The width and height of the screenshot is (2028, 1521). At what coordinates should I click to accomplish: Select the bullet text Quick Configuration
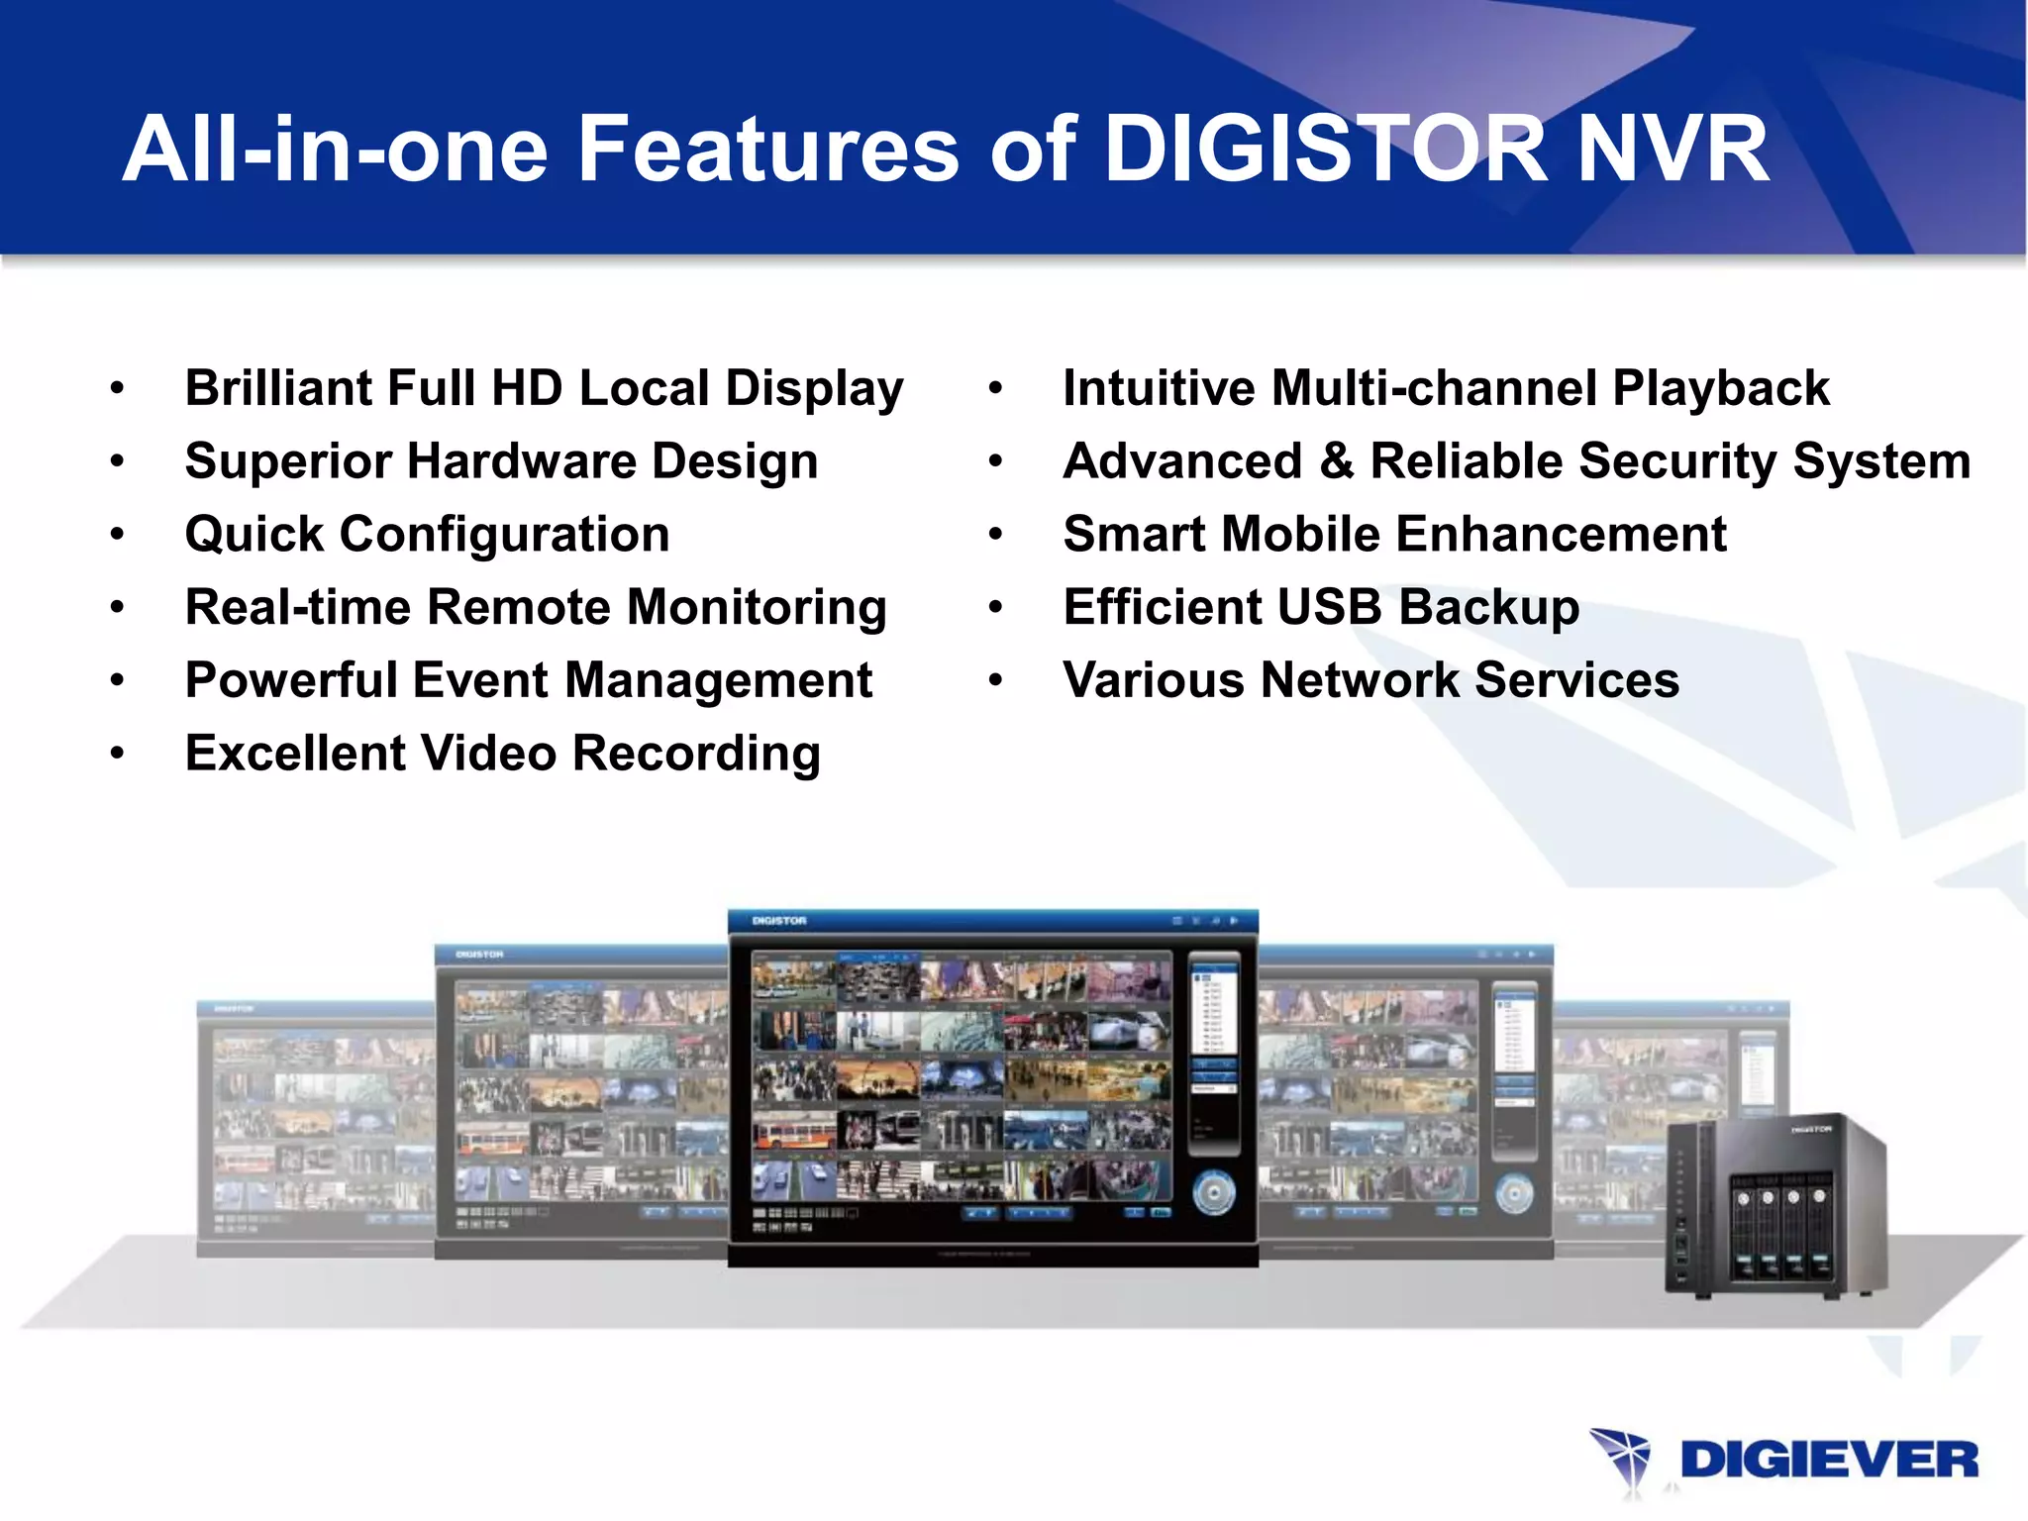click(427, 535)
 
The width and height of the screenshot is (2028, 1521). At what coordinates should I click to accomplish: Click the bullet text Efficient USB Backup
click(1321, 607)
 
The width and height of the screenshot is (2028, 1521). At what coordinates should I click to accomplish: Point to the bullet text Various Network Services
click(1370, 680)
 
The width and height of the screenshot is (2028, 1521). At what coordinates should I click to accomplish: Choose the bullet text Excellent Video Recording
click(502, 754)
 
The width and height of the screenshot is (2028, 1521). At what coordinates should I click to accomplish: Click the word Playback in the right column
click(1721, 388)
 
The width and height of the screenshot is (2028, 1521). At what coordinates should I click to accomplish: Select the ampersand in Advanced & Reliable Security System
click(1336, 461)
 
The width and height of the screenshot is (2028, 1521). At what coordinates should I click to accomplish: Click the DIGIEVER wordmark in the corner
click(1829, 1461)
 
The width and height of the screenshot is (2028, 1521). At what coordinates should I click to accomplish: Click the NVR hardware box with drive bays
click(1776, 1207)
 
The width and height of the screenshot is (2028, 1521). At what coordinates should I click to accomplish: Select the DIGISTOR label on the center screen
click(779, 921)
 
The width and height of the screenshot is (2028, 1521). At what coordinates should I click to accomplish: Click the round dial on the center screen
click(1213, 1192)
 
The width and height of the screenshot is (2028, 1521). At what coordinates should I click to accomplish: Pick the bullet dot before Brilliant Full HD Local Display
click(118, 388)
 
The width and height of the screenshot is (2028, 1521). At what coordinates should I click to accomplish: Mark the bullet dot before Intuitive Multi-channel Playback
click(995, 388)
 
